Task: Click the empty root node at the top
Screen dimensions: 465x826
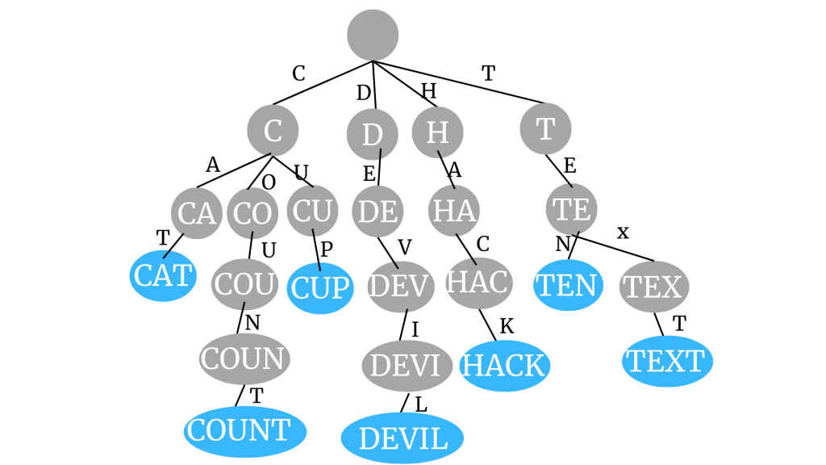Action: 373,35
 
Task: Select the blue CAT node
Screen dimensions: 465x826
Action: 164,276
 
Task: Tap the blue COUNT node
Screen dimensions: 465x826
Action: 245,431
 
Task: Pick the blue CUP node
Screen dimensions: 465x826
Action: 320,288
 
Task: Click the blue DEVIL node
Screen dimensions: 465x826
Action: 403,438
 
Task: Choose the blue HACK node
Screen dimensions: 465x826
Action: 504,366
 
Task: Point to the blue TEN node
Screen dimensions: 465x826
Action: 568,285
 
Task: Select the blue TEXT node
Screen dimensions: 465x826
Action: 667,361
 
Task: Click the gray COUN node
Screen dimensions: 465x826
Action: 244,358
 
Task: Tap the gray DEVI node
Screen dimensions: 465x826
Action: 407,365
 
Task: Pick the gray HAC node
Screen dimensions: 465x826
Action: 479,283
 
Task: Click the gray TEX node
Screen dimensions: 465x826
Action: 654,286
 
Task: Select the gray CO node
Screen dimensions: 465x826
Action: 252,214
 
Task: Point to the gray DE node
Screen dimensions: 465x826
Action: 378,212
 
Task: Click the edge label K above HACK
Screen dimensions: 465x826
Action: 507,326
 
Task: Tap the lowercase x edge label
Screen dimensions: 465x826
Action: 623,232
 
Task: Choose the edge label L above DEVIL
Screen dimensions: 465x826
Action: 421,403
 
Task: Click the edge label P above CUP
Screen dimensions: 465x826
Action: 327,249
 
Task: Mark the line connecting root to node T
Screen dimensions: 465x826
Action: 460,82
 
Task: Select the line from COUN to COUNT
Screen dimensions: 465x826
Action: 239,396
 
